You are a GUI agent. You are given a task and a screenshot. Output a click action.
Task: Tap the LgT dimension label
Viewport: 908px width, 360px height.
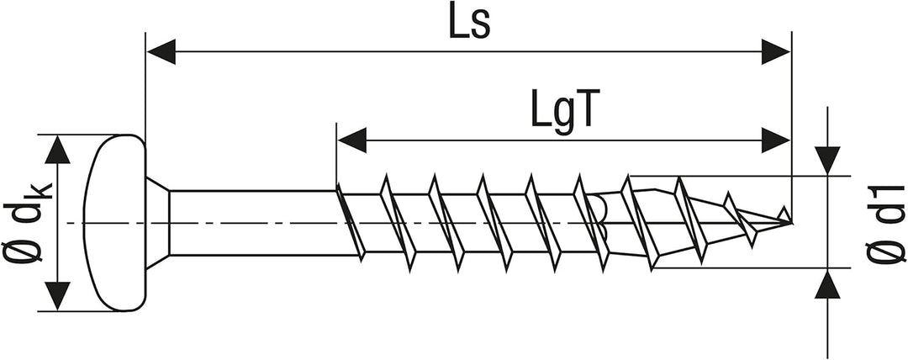[562, 113]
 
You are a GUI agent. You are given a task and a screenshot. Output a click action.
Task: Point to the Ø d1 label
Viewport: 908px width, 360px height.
[884, 223]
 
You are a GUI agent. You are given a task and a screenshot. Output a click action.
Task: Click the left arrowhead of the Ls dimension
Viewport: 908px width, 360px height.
[161, 52]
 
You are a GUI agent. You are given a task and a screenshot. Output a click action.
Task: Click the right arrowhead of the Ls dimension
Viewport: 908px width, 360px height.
[775, 52]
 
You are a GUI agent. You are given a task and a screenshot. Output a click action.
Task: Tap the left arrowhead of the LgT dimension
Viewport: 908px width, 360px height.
[351, 140]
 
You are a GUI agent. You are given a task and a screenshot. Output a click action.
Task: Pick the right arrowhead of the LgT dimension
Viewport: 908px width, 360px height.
[775, 140]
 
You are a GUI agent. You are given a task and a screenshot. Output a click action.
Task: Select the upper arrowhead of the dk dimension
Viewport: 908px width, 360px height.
[57, 150]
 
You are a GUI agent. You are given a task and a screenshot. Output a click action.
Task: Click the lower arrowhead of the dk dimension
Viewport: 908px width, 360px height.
[57, 296]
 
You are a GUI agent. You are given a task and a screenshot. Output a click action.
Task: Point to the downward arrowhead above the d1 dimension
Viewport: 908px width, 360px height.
[827, 161]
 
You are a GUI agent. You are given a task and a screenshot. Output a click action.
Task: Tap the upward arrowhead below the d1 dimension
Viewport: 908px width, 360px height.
[827, 284]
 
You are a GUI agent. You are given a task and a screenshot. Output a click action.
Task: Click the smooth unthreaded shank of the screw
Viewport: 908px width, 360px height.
[252, 223]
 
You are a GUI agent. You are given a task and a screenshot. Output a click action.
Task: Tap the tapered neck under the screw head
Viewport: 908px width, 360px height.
[157, 223]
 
